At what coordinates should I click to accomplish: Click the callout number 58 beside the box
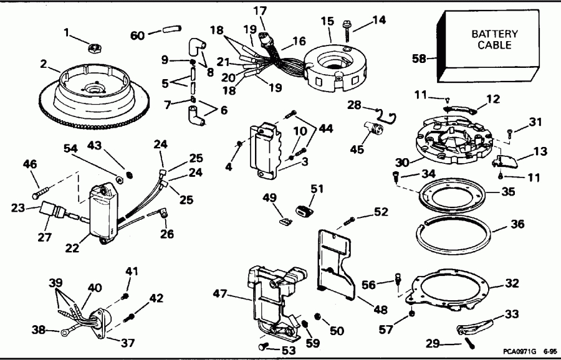pyautogui.click(x=420, y=59)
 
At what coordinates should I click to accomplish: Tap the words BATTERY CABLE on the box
pyautogui.click(x=491, y=39)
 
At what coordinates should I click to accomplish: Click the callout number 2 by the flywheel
pyautogui.click(x=44, y=63)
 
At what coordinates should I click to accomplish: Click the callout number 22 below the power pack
pyautogui.click(x=72, y=248)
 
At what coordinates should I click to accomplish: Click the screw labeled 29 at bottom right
pyautogui.click(x=467, y=341)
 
